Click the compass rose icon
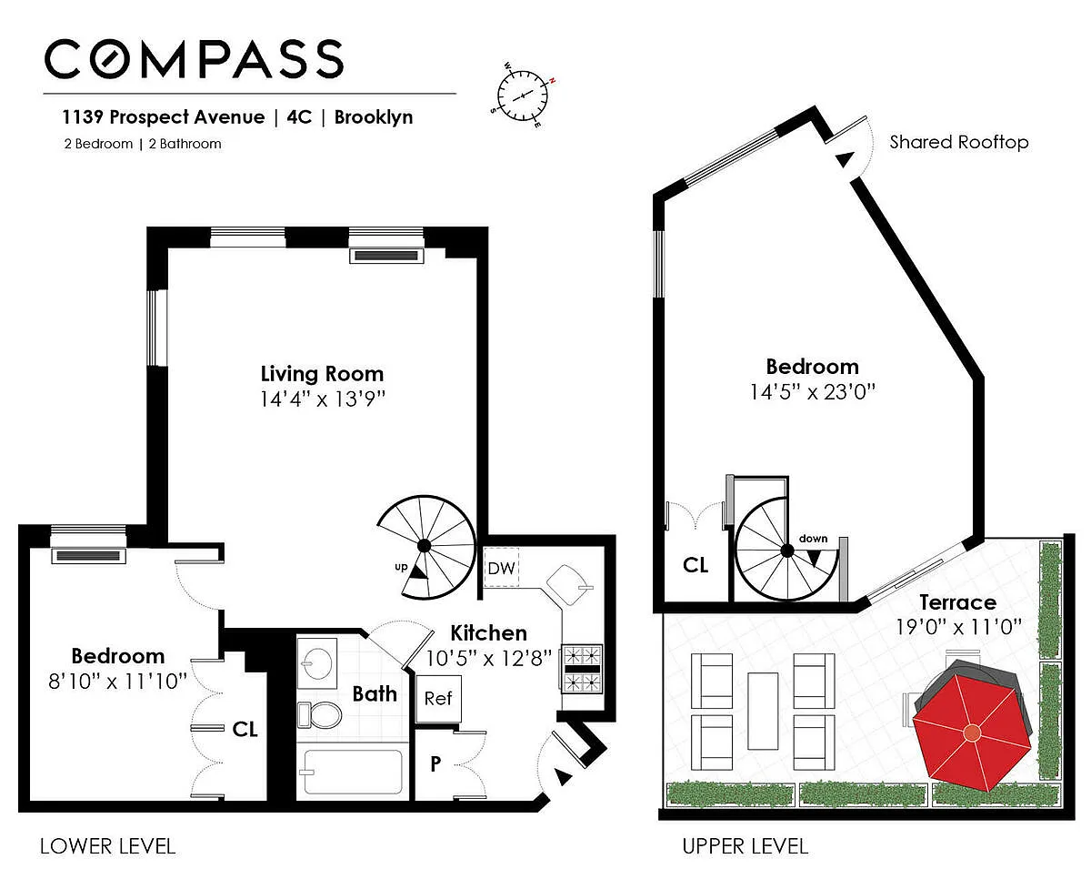[523, 96]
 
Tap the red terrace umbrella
[972, 732]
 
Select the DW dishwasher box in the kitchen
[501, 568]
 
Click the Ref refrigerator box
[438, 699]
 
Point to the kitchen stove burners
[582, 669]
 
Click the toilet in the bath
[319, 714]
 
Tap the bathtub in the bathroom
[353, 772]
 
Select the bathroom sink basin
[317, 662]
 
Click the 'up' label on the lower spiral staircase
[401, 567]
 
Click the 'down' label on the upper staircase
[813, 539]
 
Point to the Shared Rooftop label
[959, 142]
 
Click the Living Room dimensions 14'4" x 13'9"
[323, 399]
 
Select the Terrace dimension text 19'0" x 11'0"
[958, 627]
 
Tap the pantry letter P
[435, 763]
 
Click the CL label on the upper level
[696, 565]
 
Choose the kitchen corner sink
[568, 585]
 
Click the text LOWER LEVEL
[107, 846]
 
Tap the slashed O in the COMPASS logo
[108, 59]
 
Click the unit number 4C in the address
[299, 117]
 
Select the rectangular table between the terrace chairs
[763, 711]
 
